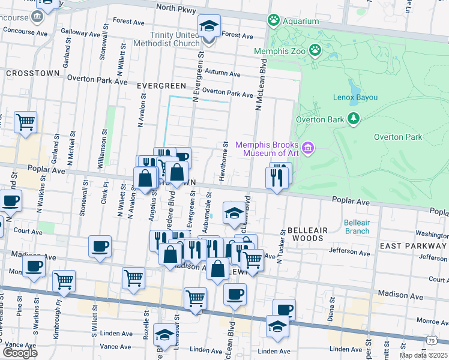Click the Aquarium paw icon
click(274, 20)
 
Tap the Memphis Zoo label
click(280, 51)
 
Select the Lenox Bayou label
click(355, 97)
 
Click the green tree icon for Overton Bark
click(354, 118)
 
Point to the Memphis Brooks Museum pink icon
click(308, 148)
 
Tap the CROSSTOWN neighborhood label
click(32, 73)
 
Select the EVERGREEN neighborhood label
click(159, 86)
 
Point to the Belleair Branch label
click(357, 226)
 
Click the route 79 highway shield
click(431, 340)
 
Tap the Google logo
click(20, 353)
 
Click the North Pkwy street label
click(178, 8)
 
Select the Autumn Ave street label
click(222, 74)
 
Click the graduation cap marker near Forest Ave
click(209, 27)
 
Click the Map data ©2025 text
click(423, 355)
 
